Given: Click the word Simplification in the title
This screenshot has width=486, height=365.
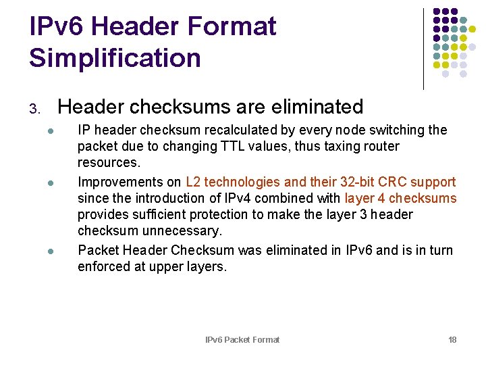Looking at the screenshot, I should click(115, 58).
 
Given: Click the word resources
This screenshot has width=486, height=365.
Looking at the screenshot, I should click(109, 163).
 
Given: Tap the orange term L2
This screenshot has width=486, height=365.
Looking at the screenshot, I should click(193, 182).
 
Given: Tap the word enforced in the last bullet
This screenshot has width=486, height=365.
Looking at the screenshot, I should click(101, 266).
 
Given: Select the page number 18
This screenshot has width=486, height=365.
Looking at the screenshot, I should click(452, 339).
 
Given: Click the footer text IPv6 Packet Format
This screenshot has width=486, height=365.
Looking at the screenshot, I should click(242, 339).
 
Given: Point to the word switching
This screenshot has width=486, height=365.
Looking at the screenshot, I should click(394, 130).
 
